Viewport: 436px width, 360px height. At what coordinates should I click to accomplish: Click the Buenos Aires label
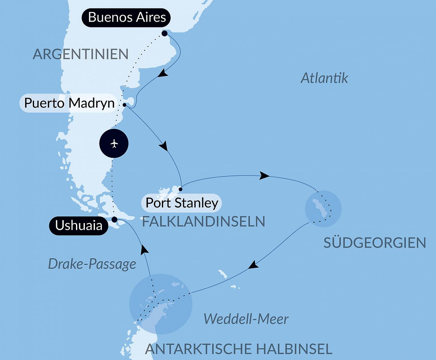[x=126, y=17]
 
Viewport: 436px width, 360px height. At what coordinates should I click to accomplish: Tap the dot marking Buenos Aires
[x=164, y=33]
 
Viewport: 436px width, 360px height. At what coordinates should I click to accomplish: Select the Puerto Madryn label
[x=69, y=103]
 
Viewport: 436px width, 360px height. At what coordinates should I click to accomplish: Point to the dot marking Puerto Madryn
[x=125, y=105]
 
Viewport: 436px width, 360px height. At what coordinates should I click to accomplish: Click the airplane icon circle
[x=114, y=144]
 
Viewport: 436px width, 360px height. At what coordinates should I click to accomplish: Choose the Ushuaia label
[x=79, y=226]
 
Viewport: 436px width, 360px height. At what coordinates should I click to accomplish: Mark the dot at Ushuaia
[x=115, y=219]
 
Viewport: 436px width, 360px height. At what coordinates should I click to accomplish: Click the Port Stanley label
[x=182, y=203]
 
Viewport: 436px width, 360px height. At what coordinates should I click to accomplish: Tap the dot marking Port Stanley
[x=180, y=189]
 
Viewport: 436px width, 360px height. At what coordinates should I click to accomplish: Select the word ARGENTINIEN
[x=81, y=54]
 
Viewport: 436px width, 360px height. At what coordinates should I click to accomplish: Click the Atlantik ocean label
[x=324, y=78]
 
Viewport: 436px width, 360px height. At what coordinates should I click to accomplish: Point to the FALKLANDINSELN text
[x=203, y=221]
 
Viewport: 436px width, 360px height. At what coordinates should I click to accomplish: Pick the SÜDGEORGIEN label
[x=375, y=243]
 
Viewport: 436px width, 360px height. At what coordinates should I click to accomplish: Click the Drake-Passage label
[x=92, y=264]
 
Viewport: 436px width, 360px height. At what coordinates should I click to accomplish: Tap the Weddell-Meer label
[x=246, y=319]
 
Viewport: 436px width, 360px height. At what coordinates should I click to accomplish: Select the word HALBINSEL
[x=294, y=349]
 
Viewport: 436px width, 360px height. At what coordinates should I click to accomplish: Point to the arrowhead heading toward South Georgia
[x=264, y=176]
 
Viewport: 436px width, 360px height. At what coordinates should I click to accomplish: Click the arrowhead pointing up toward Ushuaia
[x=144, y=250]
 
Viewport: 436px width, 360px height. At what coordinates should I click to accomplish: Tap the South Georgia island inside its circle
[x=320, y=208]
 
